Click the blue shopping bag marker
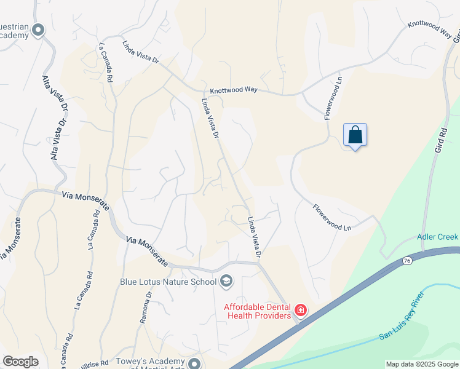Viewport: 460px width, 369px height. [x=355, y=135]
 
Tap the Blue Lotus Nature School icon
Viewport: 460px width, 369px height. [x=226, y=281]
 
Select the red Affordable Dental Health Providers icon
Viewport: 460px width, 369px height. [x=301, y=309]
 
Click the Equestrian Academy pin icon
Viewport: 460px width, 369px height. [x=39, y=30]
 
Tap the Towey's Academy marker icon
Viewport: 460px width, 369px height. [x=194, y=363]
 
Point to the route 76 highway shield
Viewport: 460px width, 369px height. [x=407, y=261]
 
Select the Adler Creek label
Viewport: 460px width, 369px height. [x=437, y=236]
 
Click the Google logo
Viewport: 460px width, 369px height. [x=20, y=362]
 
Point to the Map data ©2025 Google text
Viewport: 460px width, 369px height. [x=422, y=364]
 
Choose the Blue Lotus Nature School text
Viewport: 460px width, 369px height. [x=168, y=282]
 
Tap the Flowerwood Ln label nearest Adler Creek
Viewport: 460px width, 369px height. [x=331, y=218]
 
